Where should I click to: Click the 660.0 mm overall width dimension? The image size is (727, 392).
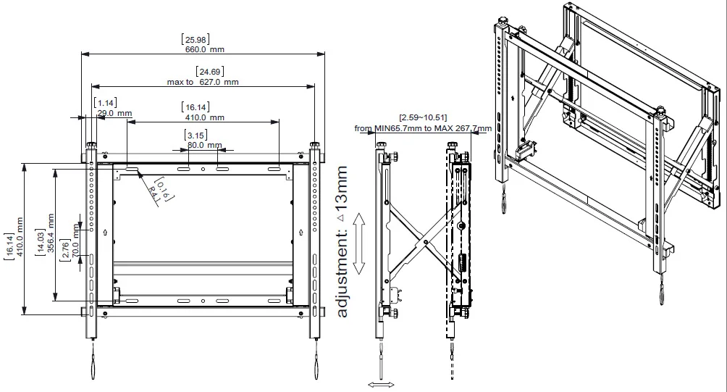203,49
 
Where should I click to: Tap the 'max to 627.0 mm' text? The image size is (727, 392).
203,82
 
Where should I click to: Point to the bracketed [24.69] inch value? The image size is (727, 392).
203,71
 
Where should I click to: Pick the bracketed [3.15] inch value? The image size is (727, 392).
195,135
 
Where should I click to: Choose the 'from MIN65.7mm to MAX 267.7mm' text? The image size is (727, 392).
423,128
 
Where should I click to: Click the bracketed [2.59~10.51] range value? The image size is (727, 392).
423,117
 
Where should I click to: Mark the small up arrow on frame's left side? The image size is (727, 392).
106,233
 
